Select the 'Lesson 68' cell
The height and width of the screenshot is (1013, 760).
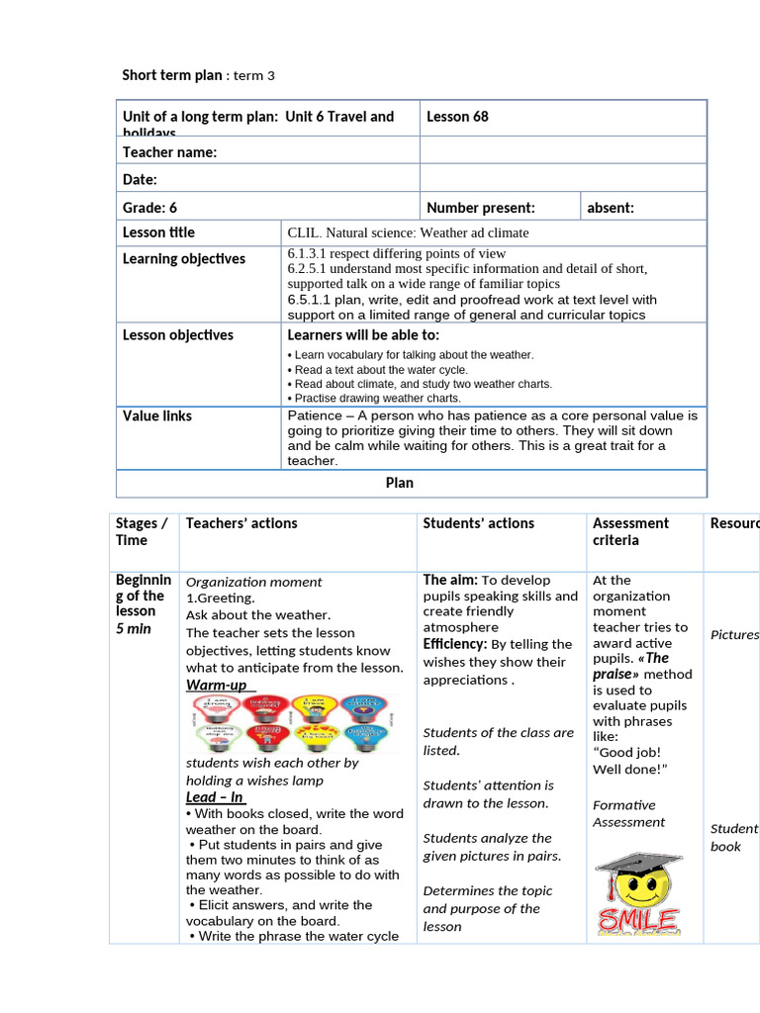[x=457, y=117]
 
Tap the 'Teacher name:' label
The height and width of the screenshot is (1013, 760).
[x=169, y=151]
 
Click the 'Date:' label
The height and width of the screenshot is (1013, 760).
[x=140, y=179]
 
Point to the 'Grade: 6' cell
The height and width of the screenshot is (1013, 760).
[x=149, y=208]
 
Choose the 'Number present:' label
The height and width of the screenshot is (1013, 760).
[x=480, y=208]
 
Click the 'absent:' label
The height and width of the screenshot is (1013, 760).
[x=611, y=208]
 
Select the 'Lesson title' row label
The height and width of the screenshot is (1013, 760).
[x=158, y=232]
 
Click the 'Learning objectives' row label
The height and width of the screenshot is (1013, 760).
[x=183, y=259]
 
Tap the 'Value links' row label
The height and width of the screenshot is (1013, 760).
[x=156, y=416]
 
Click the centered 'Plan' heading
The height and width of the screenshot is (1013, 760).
[x=399, y=483]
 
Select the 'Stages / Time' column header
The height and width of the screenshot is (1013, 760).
[x=142, y=531]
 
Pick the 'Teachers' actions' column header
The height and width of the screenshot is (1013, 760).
[x=241, y=523]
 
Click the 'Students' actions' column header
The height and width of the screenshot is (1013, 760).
[x=478, y=523]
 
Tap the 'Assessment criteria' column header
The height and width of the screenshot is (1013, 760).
[x=630, y=531]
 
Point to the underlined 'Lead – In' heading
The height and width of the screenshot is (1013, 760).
[x=215, y=797]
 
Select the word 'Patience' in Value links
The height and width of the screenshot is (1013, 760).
[x=314, y=416]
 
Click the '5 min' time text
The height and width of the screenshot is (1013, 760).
[x=134, y=629]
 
